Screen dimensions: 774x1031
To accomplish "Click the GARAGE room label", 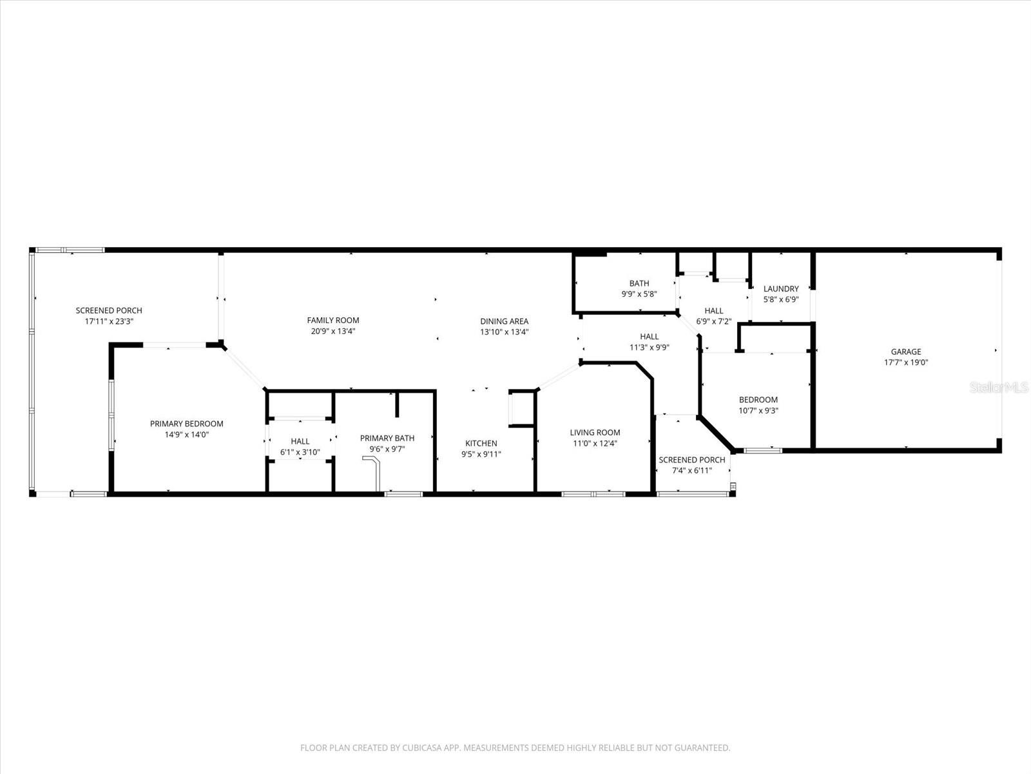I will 905,352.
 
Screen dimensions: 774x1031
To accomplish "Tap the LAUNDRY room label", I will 780,289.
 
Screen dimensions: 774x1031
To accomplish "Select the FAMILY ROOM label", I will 332,321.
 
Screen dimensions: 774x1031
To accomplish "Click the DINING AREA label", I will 504,321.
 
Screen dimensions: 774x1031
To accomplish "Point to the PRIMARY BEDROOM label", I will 186,424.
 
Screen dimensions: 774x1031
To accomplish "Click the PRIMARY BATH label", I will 387,439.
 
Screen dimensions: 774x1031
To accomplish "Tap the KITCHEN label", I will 481,443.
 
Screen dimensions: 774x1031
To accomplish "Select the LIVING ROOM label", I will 595,433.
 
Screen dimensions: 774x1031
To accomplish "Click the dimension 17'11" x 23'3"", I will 109,321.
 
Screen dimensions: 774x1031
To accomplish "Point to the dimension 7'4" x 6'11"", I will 691,470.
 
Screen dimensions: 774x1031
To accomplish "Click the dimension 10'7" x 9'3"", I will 758,410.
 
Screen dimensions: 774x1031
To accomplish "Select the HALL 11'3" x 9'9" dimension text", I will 649,347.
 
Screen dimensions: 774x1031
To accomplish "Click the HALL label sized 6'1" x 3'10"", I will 300,442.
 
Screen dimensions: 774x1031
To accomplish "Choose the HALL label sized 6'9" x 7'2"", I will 713,311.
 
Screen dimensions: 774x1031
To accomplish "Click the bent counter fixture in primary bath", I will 374,471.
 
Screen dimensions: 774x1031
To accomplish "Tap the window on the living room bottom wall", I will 593,494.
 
